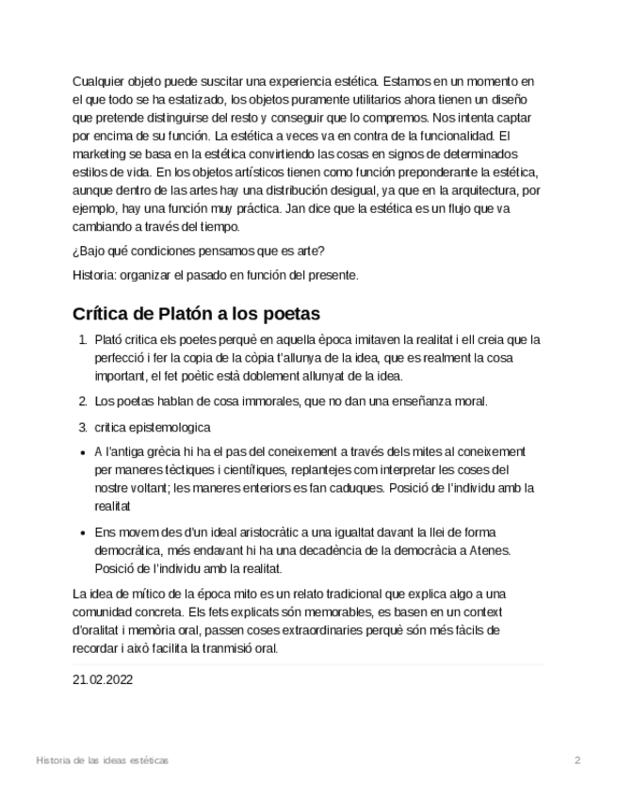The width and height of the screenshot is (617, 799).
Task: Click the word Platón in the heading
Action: tap(179, 314)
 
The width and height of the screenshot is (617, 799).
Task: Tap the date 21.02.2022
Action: tap(103, 679)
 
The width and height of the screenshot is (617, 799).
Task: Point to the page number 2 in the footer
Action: tap(578, 759)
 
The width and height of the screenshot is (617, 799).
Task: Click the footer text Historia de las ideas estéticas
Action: tap(102, 759)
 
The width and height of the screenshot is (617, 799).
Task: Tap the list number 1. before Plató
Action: tap(83, 340)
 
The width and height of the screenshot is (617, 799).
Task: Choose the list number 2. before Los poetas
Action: tap(83, 401)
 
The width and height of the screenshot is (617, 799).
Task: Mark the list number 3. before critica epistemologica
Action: tap(83, 427)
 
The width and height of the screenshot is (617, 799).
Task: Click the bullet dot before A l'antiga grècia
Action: tap(83, 452)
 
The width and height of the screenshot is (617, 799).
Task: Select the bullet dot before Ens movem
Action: tap(83, 532)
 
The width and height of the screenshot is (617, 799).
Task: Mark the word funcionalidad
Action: tap(445, 136)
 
